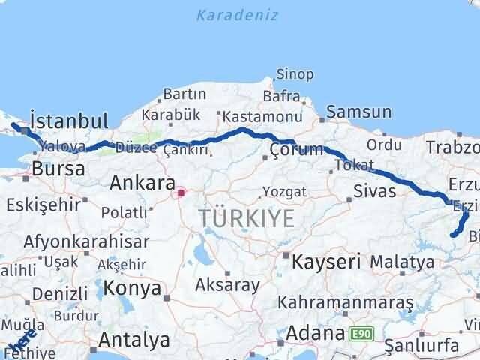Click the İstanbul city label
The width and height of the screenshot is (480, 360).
coord(69,121)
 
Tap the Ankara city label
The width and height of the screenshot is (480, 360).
coord(142,182)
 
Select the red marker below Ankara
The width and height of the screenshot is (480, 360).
coord(181,193)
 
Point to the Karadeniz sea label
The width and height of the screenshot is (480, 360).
coord(237,15)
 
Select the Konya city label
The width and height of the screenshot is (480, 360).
coord(132,288)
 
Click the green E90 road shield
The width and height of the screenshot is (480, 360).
coord(360,331)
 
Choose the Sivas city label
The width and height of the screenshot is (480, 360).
coord(376,191)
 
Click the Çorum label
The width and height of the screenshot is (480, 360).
coord(297,148)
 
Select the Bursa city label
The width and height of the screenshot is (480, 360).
coord(58,169)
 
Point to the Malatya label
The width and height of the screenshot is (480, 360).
coord(402,262)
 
